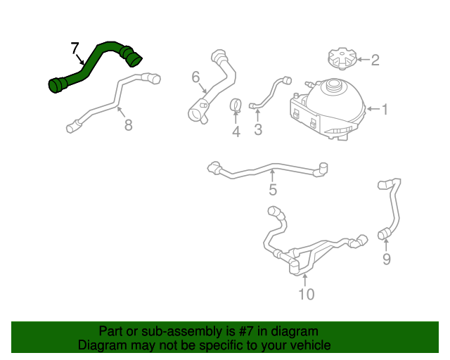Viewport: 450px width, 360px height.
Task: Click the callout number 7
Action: [75, 49]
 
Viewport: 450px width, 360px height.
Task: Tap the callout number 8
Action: [127, 126]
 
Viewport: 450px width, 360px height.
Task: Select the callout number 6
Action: [195, 77]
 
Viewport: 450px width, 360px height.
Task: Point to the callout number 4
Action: [236, 131]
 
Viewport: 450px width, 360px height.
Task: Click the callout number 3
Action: [258, 129]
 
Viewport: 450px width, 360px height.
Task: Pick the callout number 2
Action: [375, 60]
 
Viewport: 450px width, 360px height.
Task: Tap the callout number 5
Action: [273, 189]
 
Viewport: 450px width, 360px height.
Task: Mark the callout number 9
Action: [386, 259]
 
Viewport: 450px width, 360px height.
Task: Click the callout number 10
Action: [306, 294]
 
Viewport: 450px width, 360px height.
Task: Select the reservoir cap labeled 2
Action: [342, 58]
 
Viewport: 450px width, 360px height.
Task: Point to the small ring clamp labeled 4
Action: [237, 105]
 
